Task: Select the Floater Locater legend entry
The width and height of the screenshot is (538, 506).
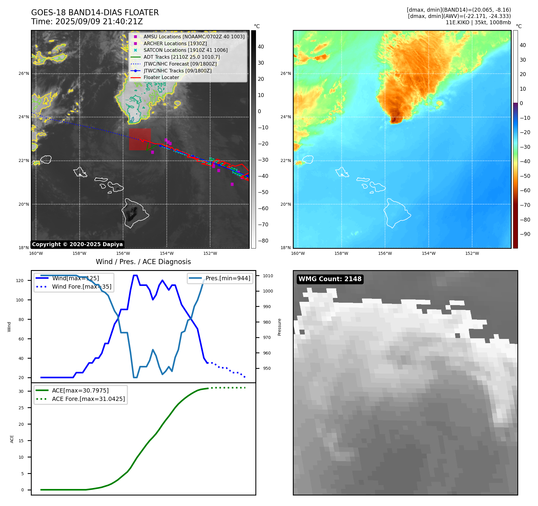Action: pos(161,77)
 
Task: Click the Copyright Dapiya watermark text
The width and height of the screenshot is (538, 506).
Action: pos(77,244)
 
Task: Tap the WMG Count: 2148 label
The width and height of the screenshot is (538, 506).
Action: pos(330,279)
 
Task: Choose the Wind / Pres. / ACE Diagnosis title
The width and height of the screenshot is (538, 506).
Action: pos(143,262)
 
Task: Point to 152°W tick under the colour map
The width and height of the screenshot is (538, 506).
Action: pos(472,253)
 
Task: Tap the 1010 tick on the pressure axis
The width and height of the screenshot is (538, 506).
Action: pos(268,276)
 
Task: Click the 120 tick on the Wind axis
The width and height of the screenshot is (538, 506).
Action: pos(20,281)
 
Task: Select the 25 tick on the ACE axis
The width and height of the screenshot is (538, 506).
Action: pos(21,408)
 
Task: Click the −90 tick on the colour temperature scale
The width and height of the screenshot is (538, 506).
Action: pos(525,234)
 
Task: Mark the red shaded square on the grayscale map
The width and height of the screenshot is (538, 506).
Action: pos(140,139)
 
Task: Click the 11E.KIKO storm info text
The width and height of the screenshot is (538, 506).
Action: pos(478,22)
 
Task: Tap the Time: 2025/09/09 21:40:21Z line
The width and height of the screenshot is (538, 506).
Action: pos(87,22)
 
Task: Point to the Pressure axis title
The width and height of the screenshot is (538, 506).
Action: pos(279,327)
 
